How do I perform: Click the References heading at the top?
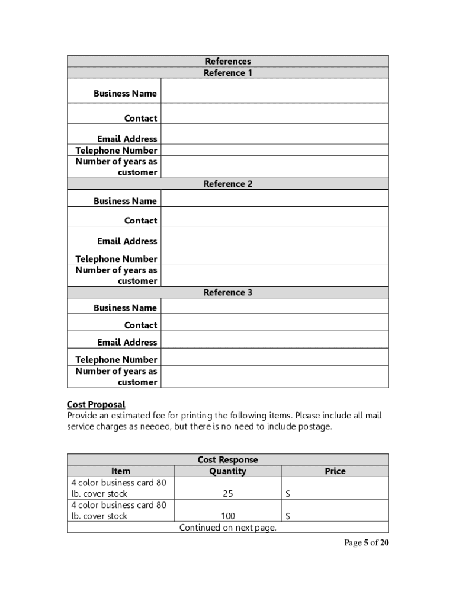pos(228,61)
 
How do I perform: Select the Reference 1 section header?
pos(228,73)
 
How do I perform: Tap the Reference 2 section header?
pos(228,184)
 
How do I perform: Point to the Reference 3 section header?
pos(228,292)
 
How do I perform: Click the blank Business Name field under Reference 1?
pos(274,91)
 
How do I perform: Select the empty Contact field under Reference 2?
pos(274,217)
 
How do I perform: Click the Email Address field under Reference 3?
pos(274,340)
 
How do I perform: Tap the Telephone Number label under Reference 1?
pos(116,150)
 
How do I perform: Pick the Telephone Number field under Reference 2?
pos(274,256)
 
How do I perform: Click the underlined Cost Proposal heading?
pos(96,404)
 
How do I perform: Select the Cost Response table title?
pos(228,460)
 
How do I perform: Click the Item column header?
pos(121,471)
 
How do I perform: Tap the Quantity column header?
pos(227,471)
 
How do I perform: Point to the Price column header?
pos(335,471)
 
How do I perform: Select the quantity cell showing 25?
pos(227,493)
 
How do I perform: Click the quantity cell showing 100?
pos(227,516)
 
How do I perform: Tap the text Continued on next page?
pos(228,528)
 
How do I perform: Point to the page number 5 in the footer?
pos(366,543)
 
